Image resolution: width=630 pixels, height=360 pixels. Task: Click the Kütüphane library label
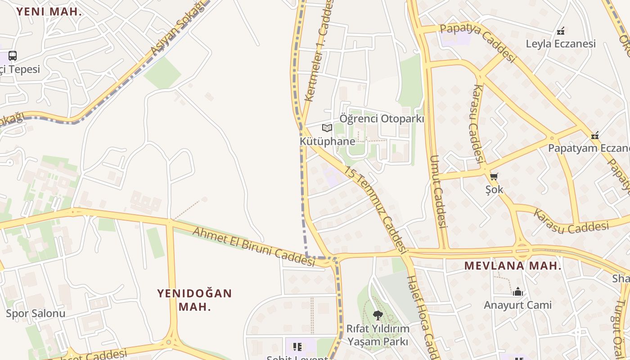(327, 141)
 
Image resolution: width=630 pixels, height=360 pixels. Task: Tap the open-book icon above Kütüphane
(327, 128)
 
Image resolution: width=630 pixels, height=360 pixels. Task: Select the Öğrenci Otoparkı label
(382, 119)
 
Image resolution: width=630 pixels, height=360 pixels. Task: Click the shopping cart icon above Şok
(494, 177)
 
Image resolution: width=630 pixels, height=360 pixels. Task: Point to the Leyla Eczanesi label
(561, 44)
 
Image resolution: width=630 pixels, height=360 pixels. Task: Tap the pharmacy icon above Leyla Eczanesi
(560, 31)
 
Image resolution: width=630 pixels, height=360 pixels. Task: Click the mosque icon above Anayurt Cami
(517, 292)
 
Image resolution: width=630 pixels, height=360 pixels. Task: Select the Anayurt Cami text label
(517, 305)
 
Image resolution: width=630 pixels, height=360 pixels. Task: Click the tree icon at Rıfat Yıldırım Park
(378, 315)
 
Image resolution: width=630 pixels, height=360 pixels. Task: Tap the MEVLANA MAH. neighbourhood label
(513, 266)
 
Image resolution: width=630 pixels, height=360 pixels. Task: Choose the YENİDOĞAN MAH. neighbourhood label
(194, 300)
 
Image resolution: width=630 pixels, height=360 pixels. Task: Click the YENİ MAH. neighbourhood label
(49, 12)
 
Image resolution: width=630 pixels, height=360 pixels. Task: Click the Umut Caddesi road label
(437, 191)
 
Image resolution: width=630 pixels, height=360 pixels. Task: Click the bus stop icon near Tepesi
(13, 56)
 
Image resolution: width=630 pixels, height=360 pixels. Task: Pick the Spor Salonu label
(36, 313)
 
